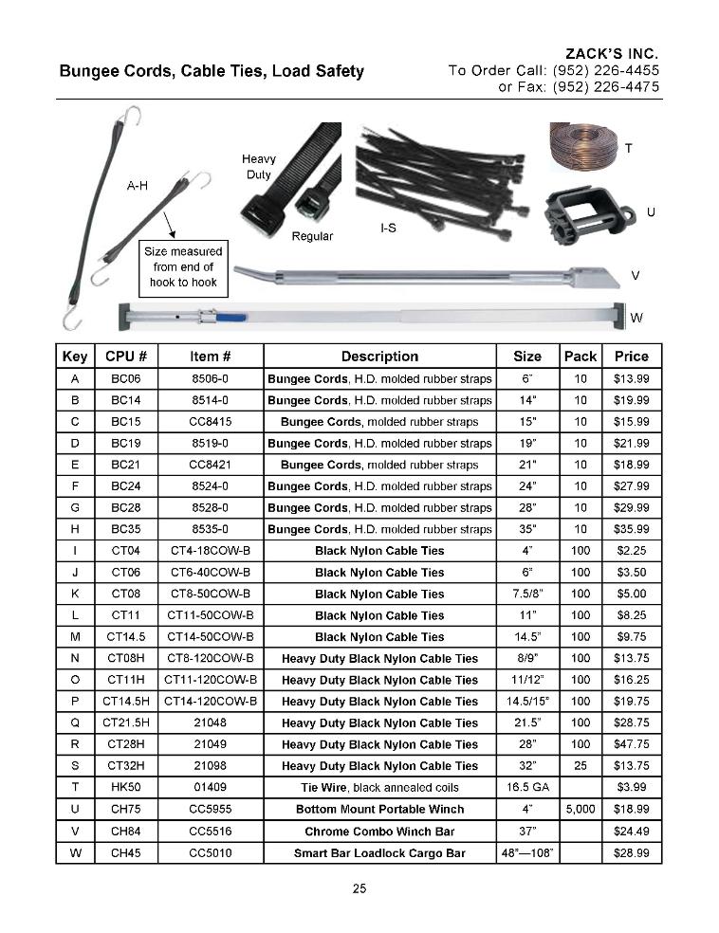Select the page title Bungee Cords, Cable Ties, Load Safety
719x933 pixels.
(x=212, y=71)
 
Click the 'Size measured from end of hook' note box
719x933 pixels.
(x=183, y=266)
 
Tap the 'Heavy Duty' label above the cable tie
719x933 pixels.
(x=259, y=167)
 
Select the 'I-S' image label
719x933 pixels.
(x=387, y=229)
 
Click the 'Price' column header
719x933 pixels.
(x=631, y=357)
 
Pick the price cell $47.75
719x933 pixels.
(x=631, y=744)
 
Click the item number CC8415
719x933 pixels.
(x=211, y=422)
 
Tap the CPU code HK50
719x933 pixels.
(x=125, y=787)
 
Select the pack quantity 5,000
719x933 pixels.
(x=580, y=809)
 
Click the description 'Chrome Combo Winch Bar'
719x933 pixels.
(x=379, y=831)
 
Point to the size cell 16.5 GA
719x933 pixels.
(x=527, y=787)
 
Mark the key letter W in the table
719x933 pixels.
(x=74, y=852)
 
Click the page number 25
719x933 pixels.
(x=359, y=888)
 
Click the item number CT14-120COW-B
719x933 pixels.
(x=211, y=702)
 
